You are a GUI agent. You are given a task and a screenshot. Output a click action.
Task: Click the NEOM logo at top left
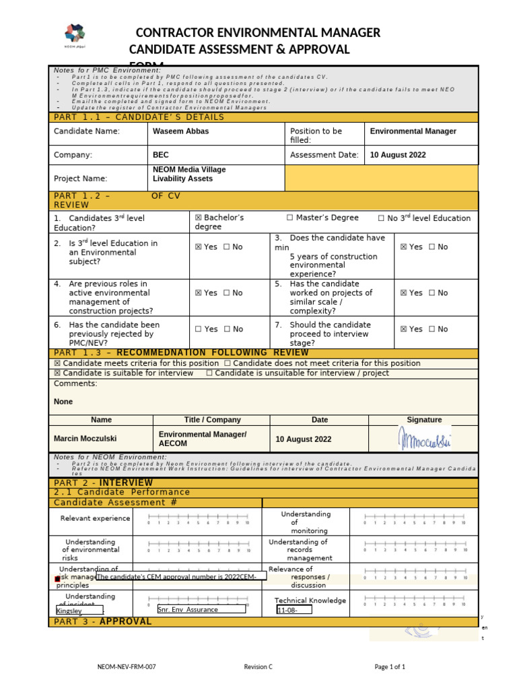pyautogui.click(x=75, y=35)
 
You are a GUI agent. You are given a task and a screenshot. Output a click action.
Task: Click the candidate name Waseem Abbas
pyautogui.click(x=181, y=131)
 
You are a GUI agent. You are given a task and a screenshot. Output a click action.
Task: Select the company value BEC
pyautogui.click(x=161, y=155)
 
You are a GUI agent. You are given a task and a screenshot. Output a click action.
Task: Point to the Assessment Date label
pyautogui.click(x=324, y=155)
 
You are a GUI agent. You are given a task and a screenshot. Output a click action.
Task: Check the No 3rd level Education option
pyautogui.click(x=424, y=218)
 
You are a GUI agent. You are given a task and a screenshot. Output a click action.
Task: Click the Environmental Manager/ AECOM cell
pyautogui.click(x=202, y=439)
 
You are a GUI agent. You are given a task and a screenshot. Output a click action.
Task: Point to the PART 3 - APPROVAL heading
pyautogui.click(x=102, y=621)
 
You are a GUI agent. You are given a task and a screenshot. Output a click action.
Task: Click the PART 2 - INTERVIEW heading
pyautogui.click(x=103, y=483)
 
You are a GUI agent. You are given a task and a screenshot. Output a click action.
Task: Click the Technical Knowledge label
pyautogui.click(x=310, y=600)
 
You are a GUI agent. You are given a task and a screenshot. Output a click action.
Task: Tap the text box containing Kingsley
pyautogui.click(x=79, y=610)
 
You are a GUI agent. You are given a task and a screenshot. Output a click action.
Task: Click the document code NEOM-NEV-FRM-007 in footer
pyautogui.click(x=127, y=667)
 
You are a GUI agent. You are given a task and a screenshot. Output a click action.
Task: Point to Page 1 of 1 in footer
pyautogui.click(x=390, y=667)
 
